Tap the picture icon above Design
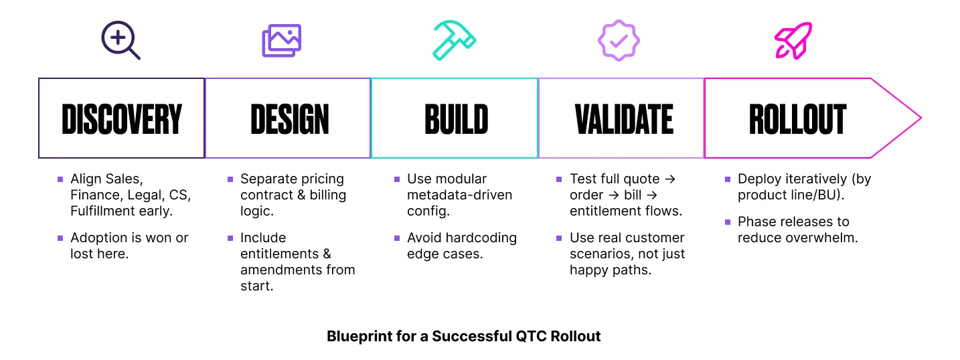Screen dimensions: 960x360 coord(282,40)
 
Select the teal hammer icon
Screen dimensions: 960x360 coord(455,40)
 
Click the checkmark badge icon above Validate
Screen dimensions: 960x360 coord(619,40)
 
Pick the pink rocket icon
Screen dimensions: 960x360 coord(793,40)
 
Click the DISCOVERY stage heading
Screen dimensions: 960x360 coord(122,119)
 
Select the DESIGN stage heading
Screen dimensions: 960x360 coord(290,119)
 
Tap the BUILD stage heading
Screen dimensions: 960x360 coord(457,119)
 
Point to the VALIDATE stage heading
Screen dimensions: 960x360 coord(624,119)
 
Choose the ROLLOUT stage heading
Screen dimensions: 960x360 coord(797,119)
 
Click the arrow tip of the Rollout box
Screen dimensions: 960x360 coord(921,118)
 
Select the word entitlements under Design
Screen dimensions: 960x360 coord(279,254)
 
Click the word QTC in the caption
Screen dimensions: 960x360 coord(532,337)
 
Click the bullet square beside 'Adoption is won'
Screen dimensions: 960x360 coord(60,238)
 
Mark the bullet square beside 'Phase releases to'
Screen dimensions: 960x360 coord(728,222)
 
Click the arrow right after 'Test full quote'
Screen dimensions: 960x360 coord(670,179)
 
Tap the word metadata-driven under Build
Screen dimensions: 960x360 coord(459,195)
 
